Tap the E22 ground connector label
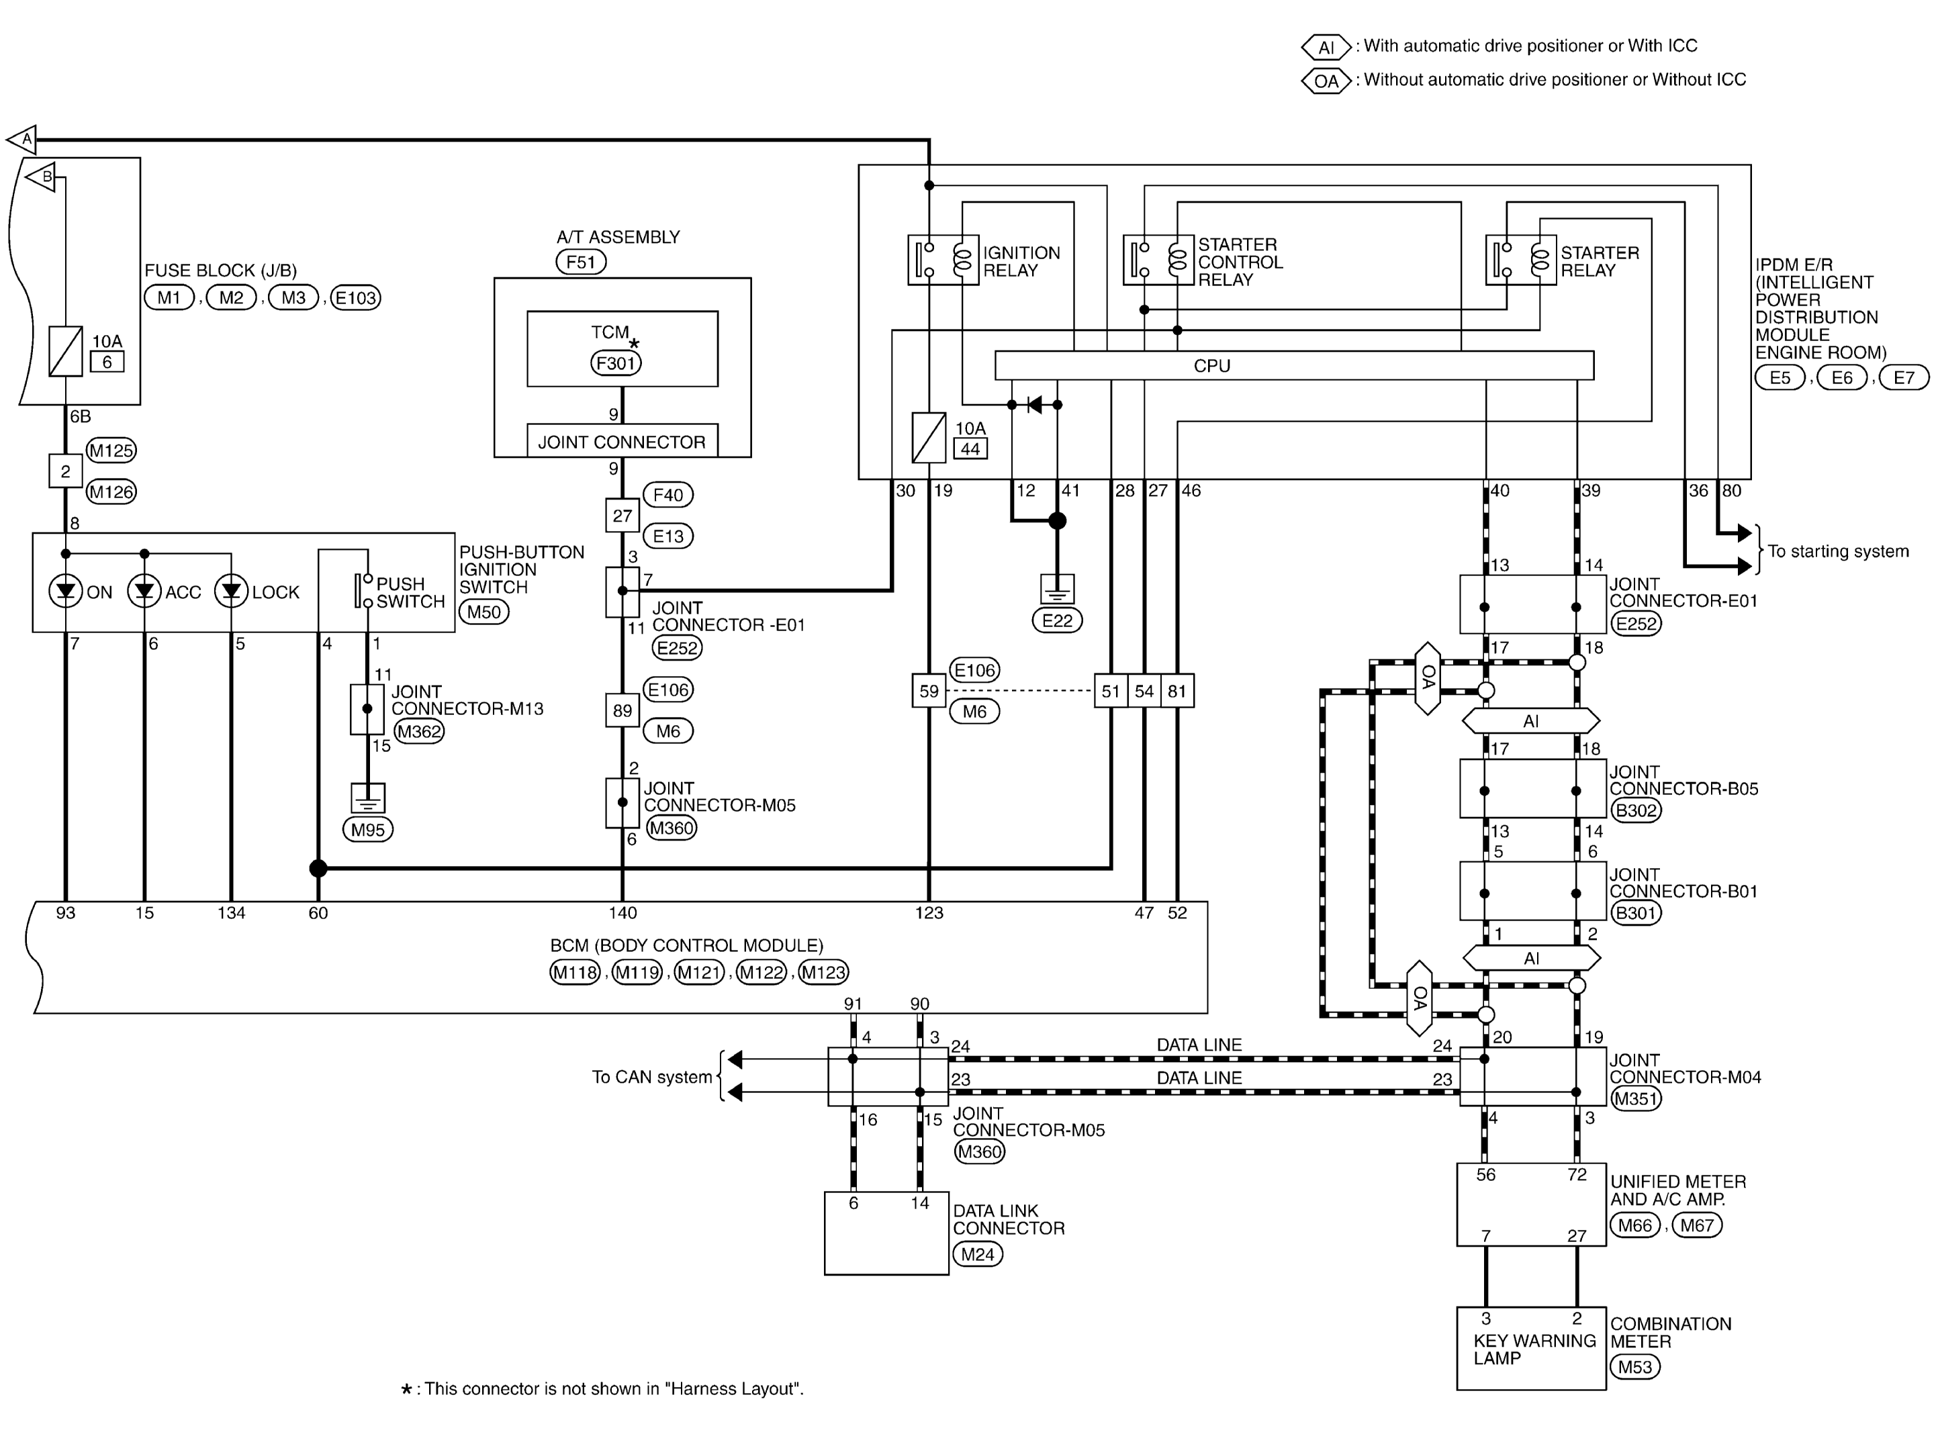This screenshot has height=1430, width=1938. pyautogui.click(x=1057, y=620)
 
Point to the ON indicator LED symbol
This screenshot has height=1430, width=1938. pyautogui.click(x=66, y=592)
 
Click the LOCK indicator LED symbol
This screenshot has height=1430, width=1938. pyautogui.click(x=231, y=592)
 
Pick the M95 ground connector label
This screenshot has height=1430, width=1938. pyautogui.click(x=368, y=829)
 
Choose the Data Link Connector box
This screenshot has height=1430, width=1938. pyautogui.click(x=886, y=1233)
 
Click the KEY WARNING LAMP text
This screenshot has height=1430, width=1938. pyautogui.click(x=1534, y=1349)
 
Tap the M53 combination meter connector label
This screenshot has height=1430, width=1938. pyautogui.click(x=1635, y=1367)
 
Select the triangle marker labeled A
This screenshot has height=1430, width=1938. pyautogui.click(x=24, y=138)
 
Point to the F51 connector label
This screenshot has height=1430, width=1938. pyautogui.click(x=581, y=261)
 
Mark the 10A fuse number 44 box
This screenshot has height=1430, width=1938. pyautogui.click(x=970, y=449)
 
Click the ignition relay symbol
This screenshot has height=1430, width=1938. pyautogui.click(x=943, y=260)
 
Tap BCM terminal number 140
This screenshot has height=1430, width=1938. pyautogui.click(x=622, y=912)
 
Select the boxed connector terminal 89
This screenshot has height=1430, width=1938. pyautogui.click(x=622, y=711)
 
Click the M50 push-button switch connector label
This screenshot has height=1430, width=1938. pyautogui.click(x=484, y=612)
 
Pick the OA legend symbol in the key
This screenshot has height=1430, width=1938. pyautogui.click(x=1326, y=81)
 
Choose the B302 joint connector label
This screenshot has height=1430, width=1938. pyautogui.click(x=1635, y=810)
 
